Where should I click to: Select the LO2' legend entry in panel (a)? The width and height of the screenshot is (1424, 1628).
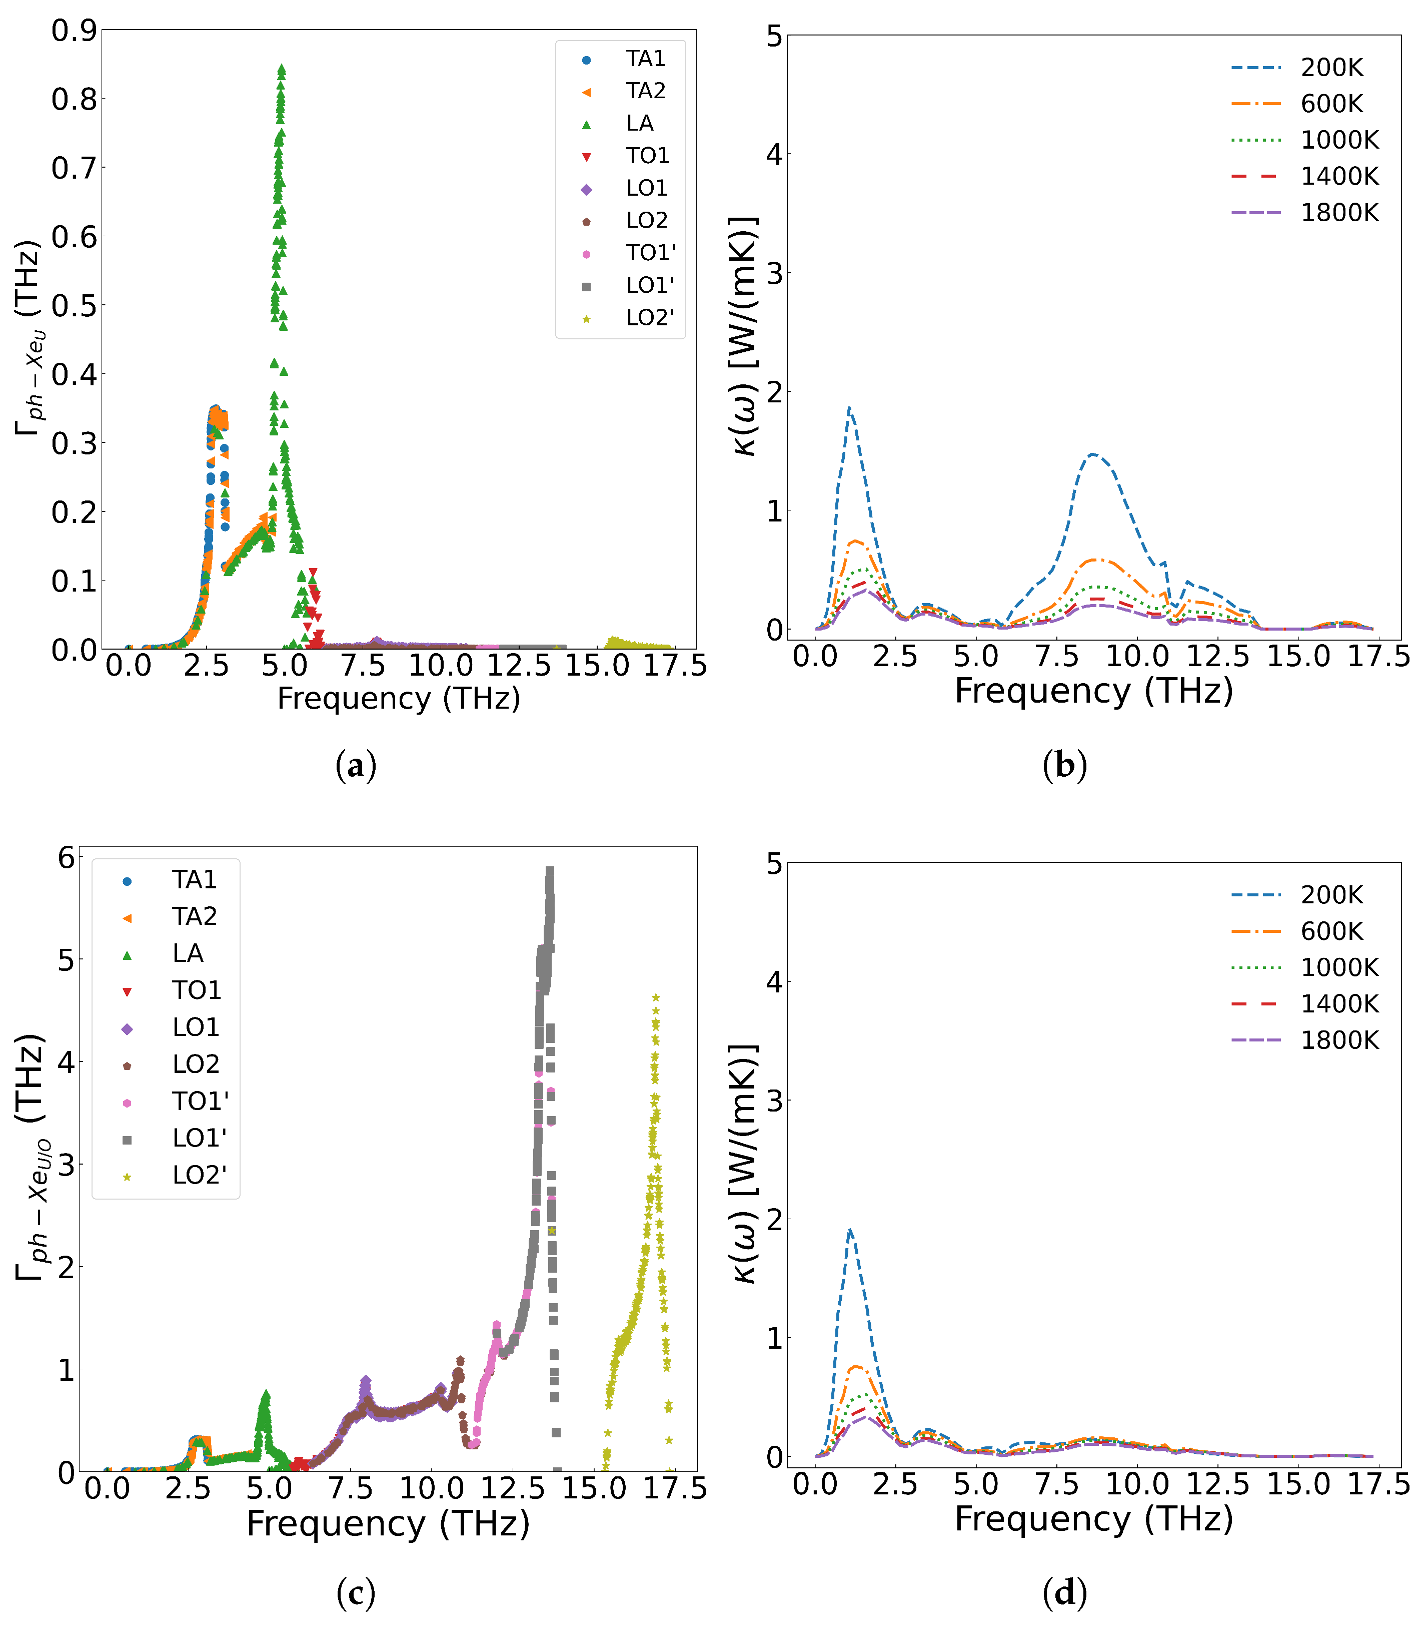click(x=649, y=318)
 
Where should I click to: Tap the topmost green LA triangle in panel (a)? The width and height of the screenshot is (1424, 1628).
click(x=281, y=69)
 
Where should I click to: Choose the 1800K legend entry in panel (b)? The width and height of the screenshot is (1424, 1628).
click(x=1339, y=213)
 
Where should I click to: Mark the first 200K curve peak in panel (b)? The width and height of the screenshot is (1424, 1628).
click(x=849, y=408)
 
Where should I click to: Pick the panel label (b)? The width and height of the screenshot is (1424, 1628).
click(x=1064, y=766)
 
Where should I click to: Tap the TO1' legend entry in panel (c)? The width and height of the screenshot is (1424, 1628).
click(x=200, y=1102)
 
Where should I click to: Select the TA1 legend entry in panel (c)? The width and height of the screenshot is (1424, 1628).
click(x=194, y=880)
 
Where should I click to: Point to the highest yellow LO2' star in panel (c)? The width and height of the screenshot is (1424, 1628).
click(x=656, y=997)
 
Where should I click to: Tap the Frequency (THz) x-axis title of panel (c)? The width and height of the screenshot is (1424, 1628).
click(x=388, y=1524)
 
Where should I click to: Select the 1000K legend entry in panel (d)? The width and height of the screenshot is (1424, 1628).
click(x=1339, y=967)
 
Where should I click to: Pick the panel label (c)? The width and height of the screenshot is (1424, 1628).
click(x=355, y=1593)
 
